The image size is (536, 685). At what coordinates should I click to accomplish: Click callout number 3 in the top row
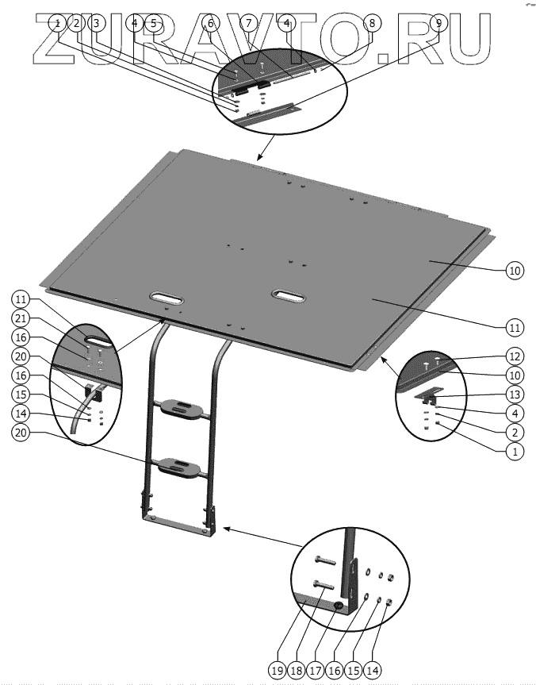[x=96, y=23]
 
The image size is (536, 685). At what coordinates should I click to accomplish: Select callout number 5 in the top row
[x=153, y=23]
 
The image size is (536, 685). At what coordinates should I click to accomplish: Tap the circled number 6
[x=209, y=23]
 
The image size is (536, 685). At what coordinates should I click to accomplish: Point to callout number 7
[x=247, y=23]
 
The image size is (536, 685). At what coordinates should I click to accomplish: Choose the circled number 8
[x=370, y=23]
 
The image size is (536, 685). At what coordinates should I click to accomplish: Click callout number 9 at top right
[x=437, y=23]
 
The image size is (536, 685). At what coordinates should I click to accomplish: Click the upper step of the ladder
[x=182, y=409]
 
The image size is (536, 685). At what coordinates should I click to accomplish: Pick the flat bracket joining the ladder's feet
[x=178, y=525]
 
